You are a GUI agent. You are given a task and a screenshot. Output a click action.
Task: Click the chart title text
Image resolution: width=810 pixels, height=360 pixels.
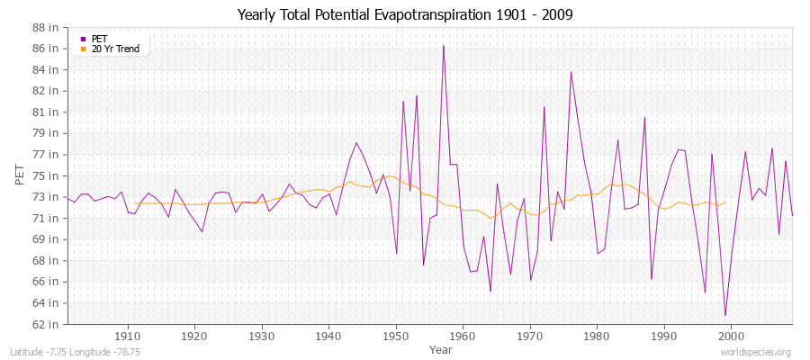405,14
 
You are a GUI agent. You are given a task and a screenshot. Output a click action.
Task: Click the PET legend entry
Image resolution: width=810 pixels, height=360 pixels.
100,39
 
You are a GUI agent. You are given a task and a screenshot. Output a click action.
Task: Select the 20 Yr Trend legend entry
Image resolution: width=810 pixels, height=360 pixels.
115,49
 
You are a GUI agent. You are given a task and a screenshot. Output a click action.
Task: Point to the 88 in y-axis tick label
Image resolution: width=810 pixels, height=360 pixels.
46,27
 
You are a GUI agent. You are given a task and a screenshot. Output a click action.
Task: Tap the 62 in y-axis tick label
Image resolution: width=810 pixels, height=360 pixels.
46,324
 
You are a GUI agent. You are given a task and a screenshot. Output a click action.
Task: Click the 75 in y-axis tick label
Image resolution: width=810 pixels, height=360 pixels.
46,175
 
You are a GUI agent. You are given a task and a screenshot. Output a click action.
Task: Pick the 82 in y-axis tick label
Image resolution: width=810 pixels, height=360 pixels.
46,91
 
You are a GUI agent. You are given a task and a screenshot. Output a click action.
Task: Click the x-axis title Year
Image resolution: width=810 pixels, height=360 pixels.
441,349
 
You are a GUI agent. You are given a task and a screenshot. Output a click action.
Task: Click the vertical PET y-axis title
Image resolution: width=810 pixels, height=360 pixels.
20,175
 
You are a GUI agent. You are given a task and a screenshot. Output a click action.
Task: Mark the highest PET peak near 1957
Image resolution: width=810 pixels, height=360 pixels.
443,46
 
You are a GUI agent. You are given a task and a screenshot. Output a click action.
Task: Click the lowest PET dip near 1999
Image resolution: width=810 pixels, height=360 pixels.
724,315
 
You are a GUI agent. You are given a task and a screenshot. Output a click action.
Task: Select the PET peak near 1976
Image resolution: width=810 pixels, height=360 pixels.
571,72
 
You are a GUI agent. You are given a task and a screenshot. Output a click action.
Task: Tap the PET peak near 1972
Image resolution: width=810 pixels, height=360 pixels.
544,107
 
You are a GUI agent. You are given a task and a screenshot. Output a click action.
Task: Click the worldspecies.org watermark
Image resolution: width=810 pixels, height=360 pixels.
758,352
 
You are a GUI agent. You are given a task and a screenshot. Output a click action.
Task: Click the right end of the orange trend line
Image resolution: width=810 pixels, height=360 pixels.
725,202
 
